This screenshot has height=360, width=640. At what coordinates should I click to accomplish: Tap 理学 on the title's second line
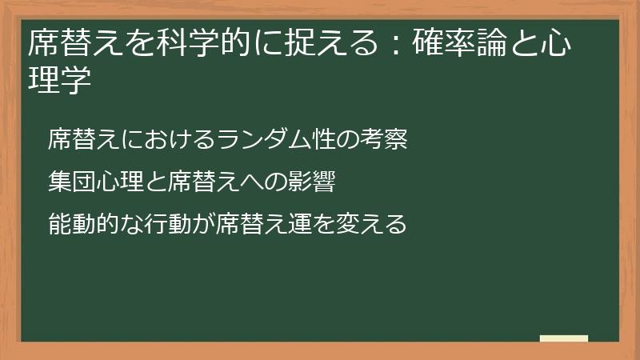tap(56, 81)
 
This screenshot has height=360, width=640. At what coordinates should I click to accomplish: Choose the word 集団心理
tap(95, 182)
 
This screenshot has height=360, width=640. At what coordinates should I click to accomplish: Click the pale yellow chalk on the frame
tap(564, 338)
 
